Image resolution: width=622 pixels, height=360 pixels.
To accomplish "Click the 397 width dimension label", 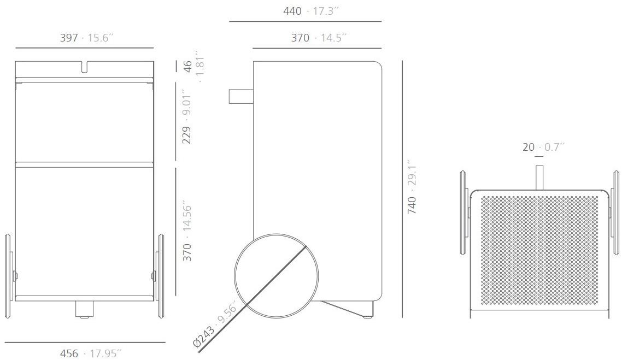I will point(86,38).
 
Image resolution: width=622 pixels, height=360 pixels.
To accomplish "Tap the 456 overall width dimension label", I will point(91,353).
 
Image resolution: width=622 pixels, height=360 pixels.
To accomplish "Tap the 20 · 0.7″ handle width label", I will point(543,147).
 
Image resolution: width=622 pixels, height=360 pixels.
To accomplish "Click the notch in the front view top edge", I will point(84,67).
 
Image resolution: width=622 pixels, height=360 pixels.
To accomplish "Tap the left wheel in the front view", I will point(9,276).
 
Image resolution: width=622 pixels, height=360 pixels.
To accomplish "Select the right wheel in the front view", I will point(161,276).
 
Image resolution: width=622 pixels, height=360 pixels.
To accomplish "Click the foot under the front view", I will point(83,309).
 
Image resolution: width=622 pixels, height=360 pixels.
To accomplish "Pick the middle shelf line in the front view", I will point(84,163).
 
